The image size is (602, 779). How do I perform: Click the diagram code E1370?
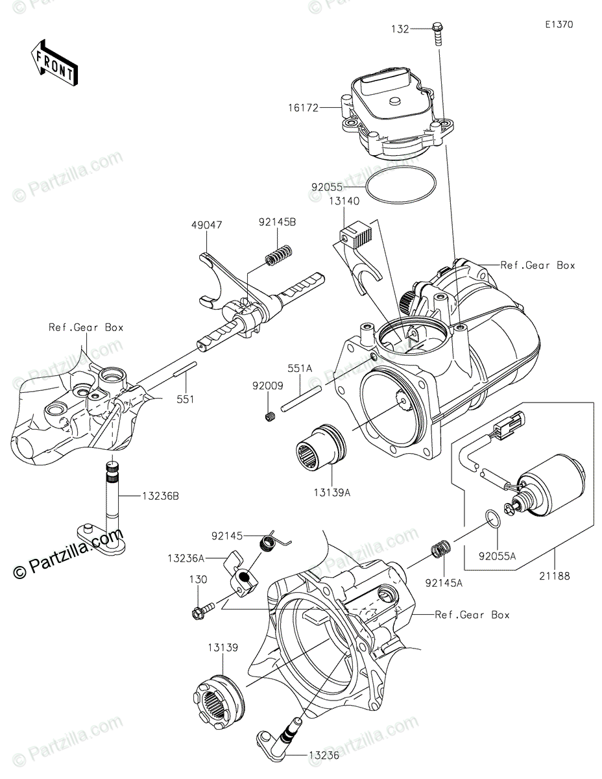click(x=559, y=25)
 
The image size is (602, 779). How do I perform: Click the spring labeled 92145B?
click(x=280, y=256)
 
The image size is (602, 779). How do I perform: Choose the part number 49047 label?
click(x=207, y=225)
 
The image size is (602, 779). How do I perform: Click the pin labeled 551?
click(x=185, y=369)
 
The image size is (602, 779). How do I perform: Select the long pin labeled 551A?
click(x=300, y=399)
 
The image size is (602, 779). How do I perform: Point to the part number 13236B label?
click(x=160, y=496)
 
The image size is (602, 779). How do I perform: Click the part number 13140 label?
click(x=344, y=201)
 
